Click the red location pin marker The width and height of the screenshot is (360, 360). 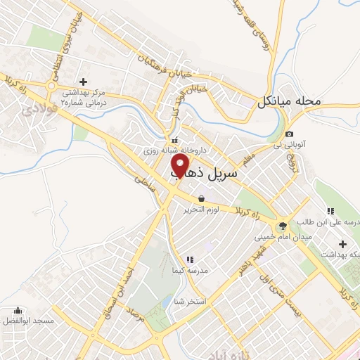click(x=181, y=166)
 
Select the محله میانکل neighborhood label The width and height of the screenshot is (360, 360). click(x=288, y=101)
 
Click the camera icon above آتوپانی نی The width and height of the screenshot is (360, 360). click(x=290, y=134)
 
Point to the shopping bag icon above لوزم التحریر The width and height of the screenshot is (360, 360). click(x=202, y=198)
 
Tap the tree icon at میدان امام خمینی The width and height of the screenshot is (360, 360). click(x=283, y=226)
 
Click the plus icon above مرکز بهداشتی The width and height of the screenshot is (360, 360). click(x=84, y=82)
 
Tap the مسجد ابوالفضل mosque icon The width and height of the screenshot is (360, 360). click(x=18, y=310)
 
